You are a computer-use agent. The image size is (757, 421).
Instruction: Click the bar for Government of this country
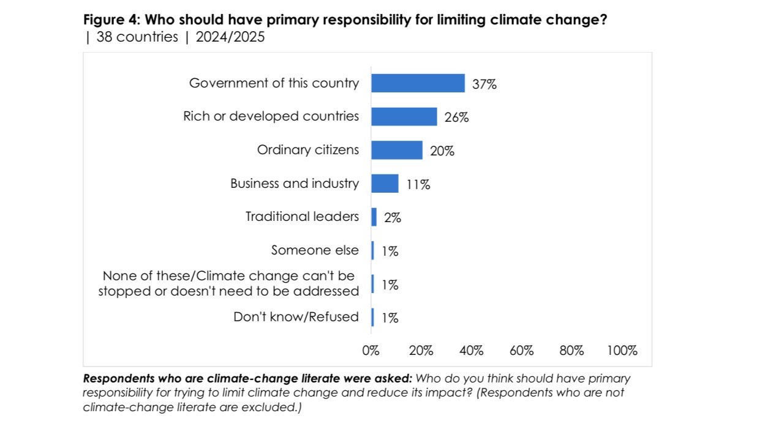(x=418, y=83)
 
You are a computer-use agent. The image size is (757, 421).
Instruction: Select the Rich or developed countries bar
(x=404, y=117)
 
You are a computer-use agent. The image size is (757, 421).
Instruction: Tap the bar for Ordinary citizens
(x=396, y=150)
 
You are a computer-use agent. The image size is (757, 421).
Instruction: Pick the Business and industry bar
(x=385, y=184)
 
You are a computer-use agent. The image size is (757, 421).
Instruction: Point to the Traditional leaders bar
(x=374, y=217)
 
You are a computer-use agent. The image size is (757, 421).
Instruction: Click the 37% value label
(x=484, y=84)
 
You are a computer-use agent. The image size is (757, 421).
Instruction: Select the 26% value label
(x=456, y=117)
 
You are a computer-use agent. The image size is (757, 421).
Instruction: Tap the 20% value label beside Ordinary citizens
(x=442, y=151)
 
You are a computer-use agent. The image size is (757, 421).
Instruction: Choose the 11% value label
(x=418, y=184)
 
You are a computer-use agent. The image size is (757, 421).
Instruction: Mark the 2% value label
(x=392, y=217)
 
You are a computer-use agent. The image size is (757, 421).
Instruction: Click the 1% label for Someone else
(x=389, y=251)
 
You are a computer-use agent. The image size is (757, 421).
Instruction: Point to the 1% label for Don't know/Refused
(x=389, y=318)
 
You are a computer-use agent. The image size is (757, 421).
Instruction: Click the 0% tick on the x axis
(x=371, y=351)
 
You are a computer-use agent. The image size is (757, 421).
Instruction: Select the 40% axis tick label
(x=471, y=351)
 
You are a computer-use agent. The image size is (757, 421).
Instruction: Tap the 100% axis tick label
(x=622, y=351)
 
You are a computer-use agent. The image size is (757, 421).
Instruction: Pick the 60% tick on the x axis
(x=521, y=351)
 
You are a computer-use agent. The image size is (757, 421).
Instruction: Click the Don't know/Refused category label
(x=296, y=317)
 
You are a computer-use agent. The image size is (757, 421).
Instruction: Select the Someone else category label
(x=315, y=250)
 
